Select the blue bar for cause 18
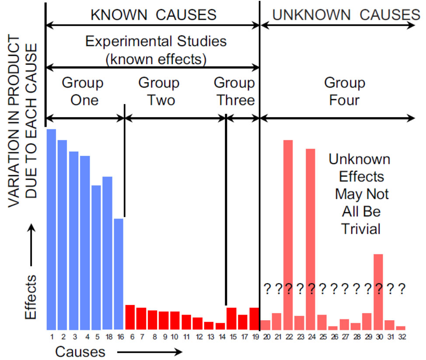[x=107, y=253]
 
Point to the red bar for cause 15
[x=231, y=318]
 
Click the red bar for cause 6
[x=130, y=317]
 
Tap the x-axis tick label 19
[x=254, y=337]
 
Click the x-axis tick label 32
[x=401, y=337]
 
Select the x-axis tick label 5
[x=97, y=337]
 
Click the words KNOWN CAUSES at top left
[x=153, y=15]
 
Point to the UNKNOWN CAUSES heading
[x=346, y=15]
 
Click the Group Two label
[x=159, y=91]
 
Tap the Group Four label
[x=345, y=91]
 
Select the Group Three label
[x=234, y=91]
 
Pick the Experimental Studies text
[x=156, y=42]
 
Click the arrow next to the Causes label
[x=149, y=351]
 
